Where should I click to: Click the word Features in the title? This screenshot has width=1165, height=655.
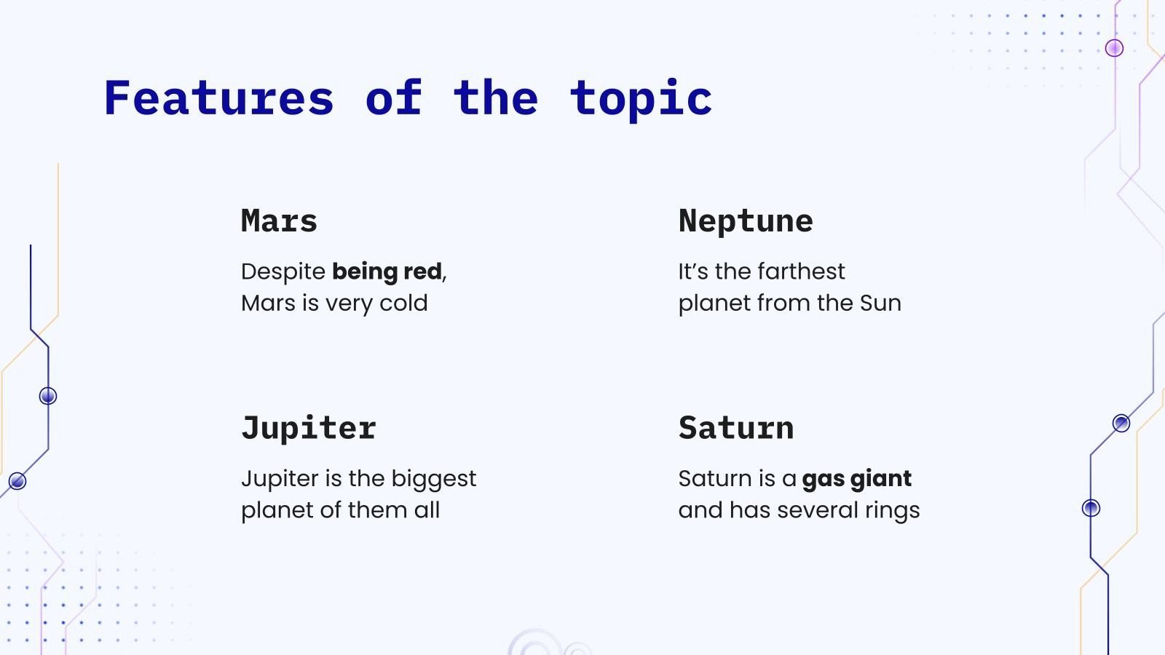pyautogui.click(x=218, y=98)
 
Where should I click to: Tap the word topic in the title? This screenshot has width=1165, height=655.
pyautogui.click(x=641, y=100)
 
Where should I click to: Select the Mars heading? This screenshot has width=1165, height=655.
pyautogui.click(x=279, y=221)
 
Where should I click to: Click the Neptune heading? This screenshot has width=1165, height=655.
pyautogui.click(x=746, y=221)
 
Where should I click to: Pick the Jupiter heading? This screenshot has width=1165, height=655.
pyautogui.click(x=309, y=428)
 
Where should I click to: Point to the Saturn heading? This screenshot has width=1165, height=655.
pyautogui.click(x=736, y=428)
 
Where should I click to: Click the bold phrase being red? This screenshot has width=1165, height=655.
pyautogui.click(x=387, y=271)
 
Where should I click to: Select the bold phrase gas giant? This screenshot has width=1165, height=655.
pyautogui.click(x=856, y=479)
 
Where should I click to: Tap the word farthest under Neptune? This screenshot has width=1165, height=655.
pyautogui.click(x=805, y=271)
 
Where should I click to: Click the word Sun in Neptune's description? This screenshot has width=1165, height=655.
pyautogui.click(x=880, y=303)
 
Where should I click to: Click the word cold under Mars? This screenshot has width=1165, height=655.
pyautogui.click(x=403, y=303)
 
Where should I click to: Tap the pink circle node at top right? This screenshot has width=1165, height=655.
pyautogui.click(x=1114, y=48)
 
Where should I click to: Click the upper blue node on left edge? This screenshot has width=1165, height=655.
pyautogui.click(x=48, y=396)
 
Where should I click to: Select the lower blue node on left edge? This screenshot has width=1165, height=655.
pyautogui.click(x=17, y=481)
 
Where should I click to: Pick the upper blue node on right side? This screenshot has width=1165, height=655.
pyautogui.click(x=1121, y=423)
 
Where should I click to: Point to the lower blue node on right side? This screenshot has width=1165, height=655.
pyautogui.click(x=1091, y=508)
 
